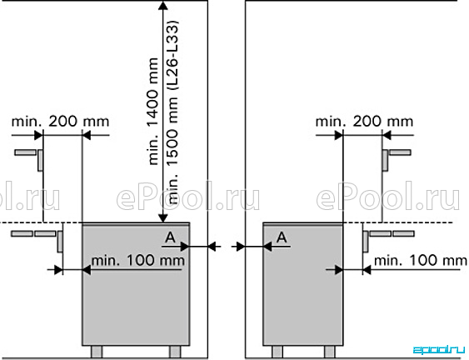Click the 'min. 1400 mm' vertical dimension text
click(x=152, y=112)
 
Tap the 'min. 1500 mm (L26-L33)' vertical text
click(x=173, y=112)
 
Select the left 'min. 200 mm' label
click(x=60, y=122)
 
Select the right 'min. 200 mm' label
click(x=364, y=122)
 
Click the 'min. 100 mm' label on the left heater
click(x=138, y=260)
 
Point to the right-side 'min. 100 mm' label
click(x=420, y=260)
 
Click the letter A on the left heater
click(x=170, y=237)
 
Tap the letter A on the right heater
click(x=282, y=237)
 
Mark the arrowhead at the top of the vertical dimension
click(x=162, y=5)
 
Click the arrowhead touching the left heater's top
click(x=162, y=218)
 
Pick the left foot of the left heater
click(x=97, y=352)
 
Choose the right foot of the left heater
click(x=175, y=352)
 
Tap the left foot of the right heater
click(x=277, y=352)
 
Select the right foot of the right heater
click(x=330, y=352)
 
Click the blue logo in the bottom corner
click(x=439, y=349)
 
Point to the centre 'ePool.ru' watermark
click(x=187, y=196)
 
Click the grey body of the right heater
click(x=302, y=284)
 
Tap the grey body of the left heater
click(x=136, y=284)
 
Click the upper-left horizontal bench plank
click(x=26, y=152)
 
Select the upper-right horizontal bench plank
click(x=400, y=152)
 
